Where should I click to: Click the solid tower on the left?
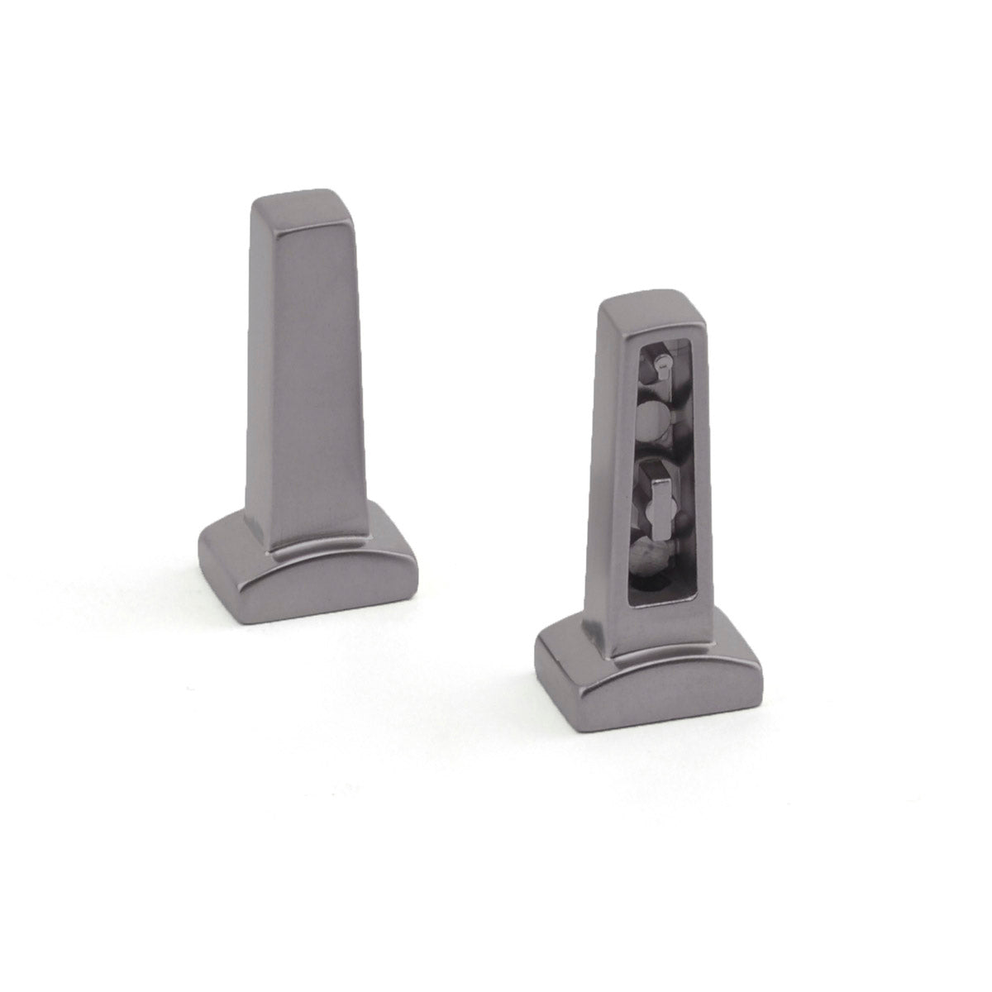[x=306, y=372]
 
